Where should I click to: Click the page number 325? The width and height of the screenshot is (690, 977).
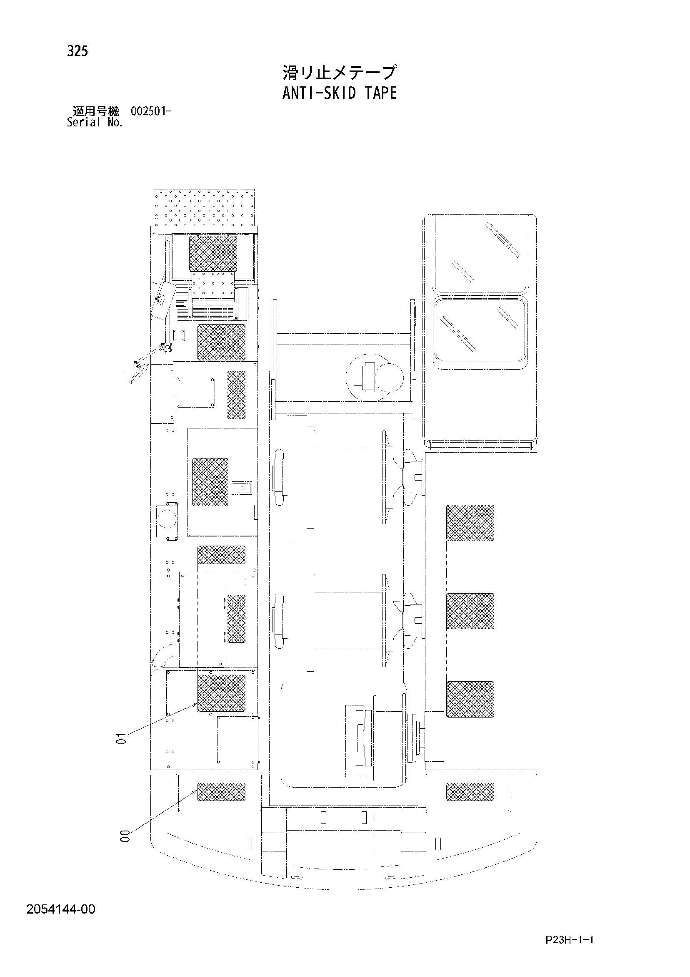click(x=77, y=51)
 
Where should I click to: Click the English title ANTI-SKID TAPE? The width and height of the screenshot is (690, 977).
click(x=339, y=93)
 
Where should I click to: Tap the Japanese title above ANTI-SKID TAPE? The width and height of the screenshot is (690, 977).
click(x=339, y=72)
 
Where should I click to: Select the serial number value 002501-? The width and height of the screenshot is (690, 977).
click(x=151, y=111)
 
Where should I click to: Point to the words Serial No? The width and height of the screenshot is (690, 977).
click(x=95, y=123)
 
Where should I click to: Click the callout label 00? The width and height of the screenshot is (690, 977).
click(x=125, y=848)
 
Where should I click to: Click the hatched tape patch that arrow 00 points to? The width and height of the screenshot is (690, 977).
click(x=221, y=791)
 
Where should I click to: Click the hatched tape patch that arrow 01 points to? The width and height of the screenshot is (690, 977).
click(x=221, y=694)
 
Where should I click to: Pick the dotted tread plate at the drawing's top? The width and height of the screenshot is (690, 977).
click(x=204, y=208)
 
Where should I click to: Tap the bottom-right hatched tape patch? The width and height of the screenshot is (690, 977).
click(x=470, y=791)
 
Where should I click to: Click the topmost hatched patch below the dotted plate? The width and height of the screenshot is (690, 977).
click(x=212, y=253)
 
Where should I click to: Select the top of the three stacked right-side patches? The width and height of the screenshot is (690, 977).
click(x=470, y=523)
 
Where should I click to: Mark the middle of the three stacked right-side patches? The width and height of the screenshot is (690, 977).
click(x=470, y=611)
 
